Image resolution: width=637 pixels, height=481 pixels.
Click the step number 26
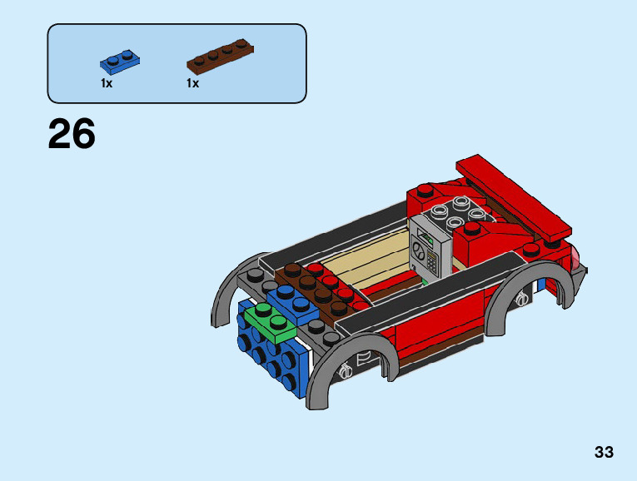(x=72, y=133)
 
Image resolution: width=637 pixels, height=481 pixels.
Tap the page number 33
(x=604, y=452)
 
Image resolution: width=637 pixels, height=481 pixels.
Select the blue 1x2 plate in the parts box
(x=120, y=62)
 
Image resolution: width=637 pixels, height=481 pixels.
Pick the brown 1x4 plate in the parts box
(x=220, y=57)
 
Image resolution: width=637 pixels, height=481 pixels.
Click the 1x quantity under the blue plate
(x=107, y=83)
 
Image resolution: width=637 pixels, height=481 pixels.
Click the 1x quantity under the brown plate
(x=192, y=83)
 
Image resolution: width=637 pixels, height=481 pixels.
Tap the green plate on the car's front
(x=270, y=324)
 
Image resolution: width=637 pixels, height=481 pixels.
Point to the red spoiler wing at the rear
(x=514, y=196)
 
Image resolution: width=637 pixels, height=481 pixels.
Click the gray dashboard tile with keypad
(x=430, y=249)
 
